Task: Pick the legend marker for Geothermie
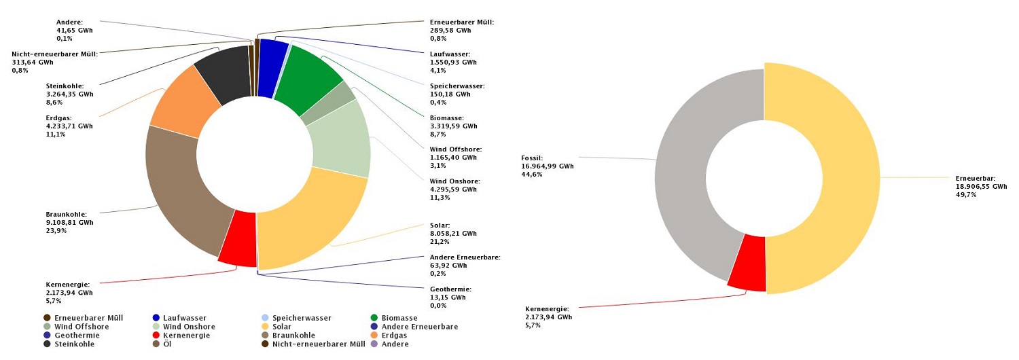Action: pyautogui.click(x=47, y=336)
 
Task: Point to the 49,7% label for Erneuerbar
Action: pyautogui.click(x=965, y=195)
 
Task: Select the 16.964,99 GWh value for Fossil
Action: pyautogui.click(x=544, y=166)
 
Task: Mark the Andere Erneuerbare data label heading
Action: pyautogui.click(x=465, y=257)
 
